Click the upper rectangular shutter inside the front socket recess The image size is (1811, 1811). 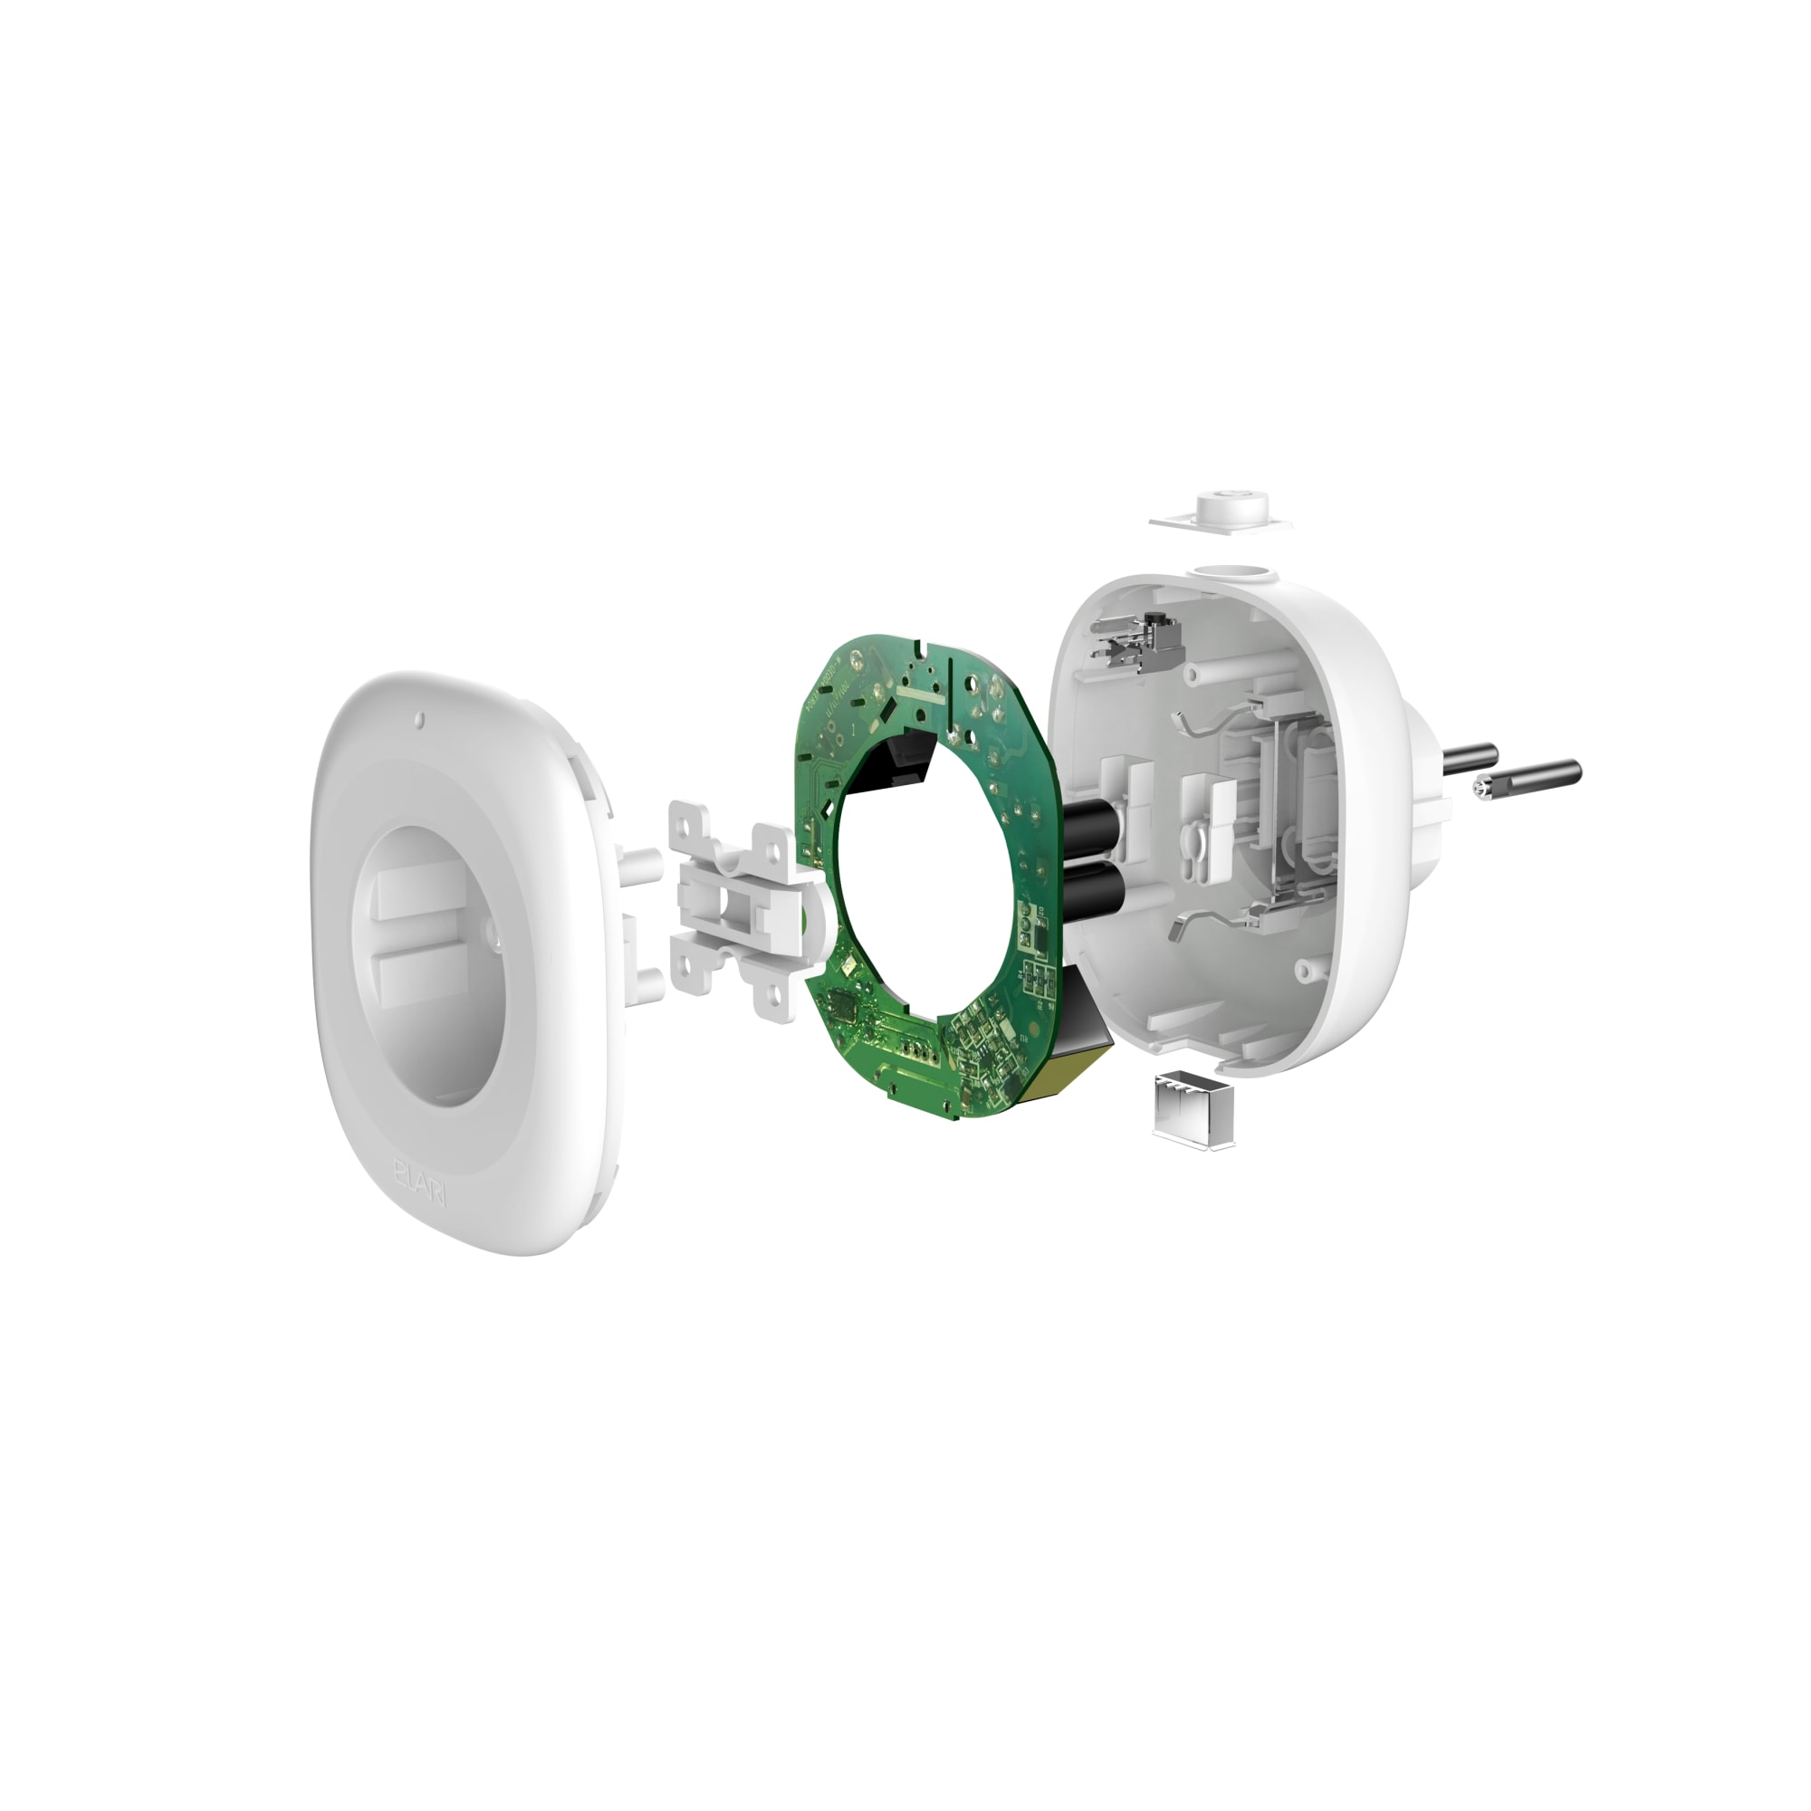pos(420,895)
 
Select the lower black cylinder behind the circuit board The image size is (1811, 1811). pos(1093,888)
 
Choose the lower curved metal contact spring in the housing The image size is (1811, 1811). pos(1200,925)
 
